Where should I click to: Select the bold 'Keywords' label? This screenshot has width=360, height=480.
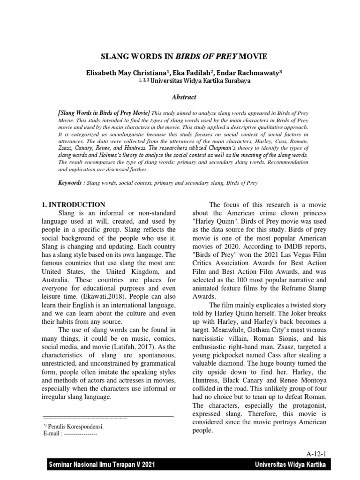[69, 182]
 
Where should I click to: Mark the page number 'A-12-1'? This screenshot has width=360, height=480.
[317, 453]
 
